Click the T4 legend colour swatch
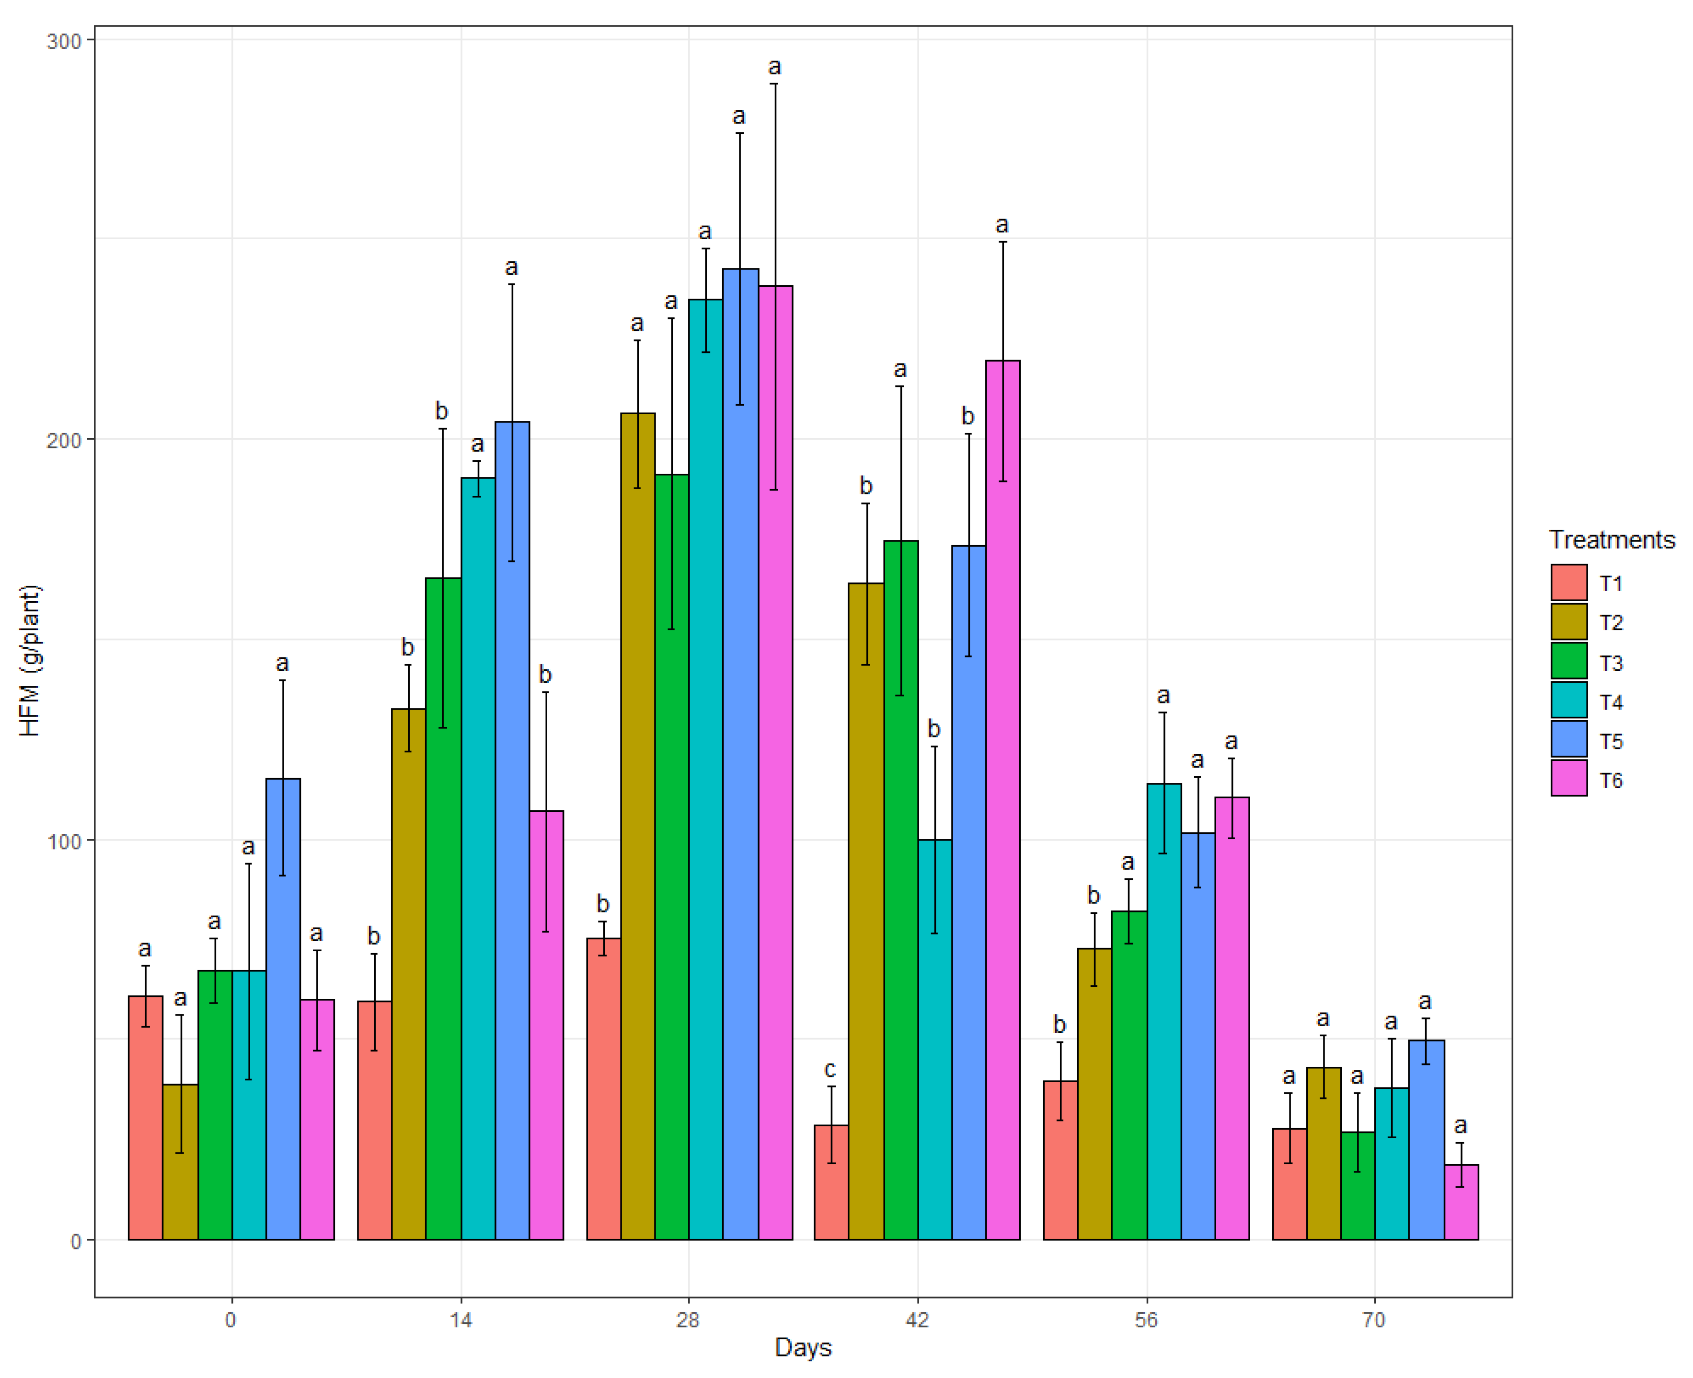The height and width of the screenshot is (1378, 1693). click(1568, 700)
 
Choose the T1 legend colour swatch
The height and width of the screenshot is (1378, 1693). click(1568, 583)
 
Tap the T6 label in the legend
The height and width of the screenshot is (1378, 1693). click(1611, 780)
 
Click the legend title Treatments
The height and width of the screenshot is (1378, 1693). click(1611, 540)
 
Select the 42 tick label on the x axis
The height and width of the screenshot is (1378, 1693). click(917, 1320)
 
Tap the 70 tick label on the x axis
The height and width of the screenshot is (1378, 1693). click(1373, 1320)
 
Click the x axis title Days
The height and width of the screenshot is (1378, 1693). click(803, 1348)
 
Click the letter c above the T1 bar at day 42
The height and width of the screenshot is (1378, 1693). click(830, 1069)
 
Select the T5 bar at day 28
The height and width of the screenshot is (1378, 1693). click(740, 754)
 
